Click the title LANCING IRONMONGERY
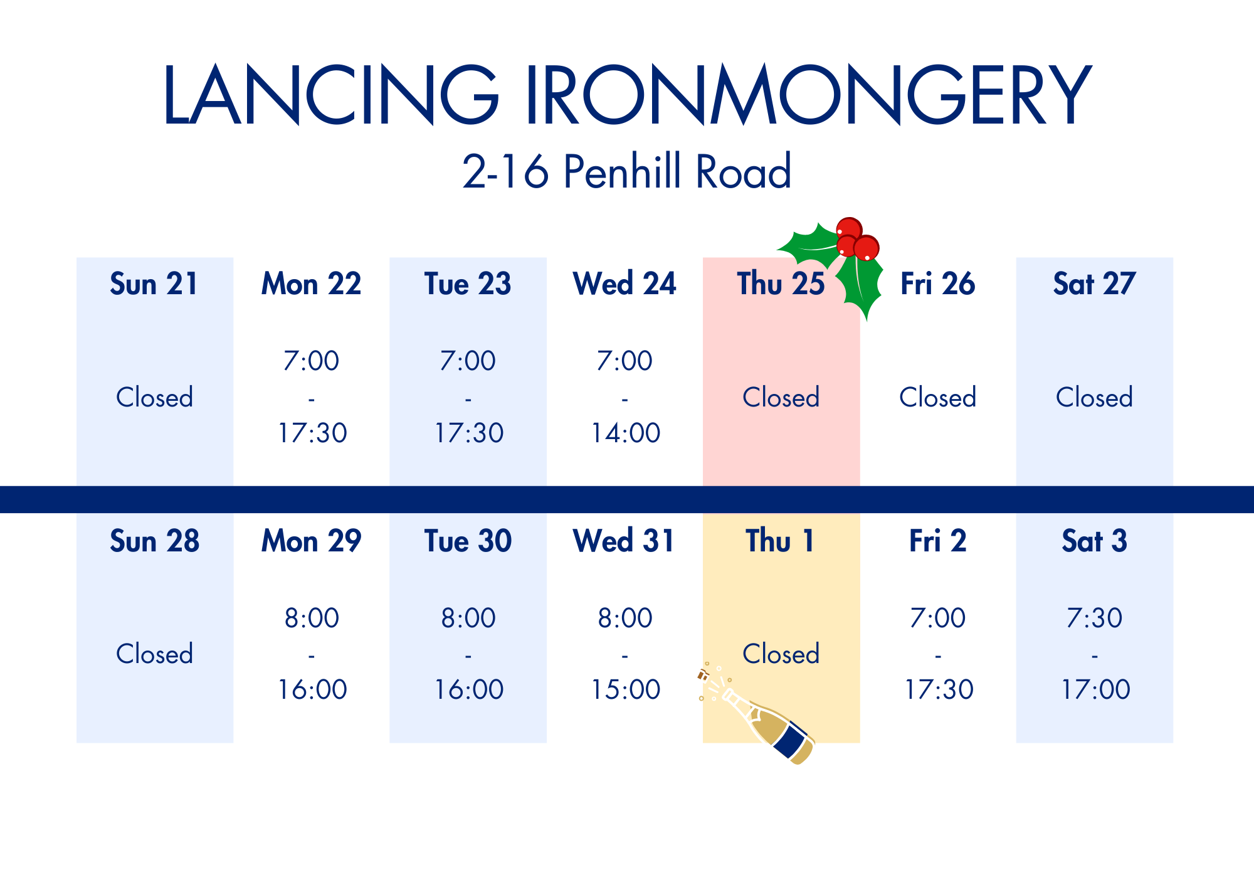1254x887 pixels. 627,94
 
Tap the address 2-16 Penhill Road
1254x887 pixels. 627,171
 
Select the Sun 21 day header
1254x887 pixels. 154,284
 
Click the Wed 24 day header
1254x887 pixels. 624,284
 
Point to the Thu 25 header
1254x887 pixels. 781,284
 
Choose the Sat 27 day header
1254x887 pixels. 1094,284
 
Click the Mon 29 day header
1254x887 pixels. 311,541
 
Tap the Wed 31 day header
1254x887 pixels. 624,541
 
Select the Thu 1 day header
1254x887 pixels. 779,541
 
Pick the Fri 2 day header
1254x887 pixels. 938,541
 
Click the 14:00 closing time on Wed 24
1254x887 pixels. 626,433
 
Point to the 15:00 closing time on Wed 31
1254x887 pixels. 626,689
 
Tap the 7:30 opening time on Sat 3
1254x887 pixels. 1095,618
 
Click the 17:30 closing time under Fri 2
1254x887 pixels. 939,689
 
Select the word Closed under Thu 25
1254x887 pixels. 781,397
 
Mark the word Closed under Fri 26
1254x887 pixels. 938,397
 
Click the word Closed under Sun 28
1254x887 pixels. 154,654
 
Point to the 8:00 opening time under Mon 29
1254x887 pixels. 312,618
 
